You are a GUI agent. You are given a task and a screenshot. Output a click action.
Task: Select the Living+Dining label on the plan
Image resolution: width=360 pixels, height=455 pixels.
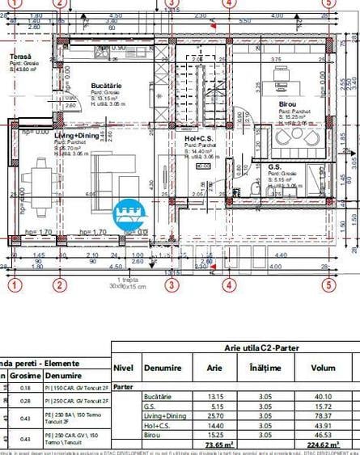click(76, 136)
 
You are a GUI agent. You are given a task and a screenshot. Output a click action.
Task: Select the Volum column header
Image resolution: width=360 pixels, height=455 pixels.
click(322, 368)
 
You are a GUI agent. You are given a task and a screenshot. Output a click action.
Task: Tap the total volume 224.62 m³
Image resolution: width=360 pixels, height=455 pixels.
click(321, 444)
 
